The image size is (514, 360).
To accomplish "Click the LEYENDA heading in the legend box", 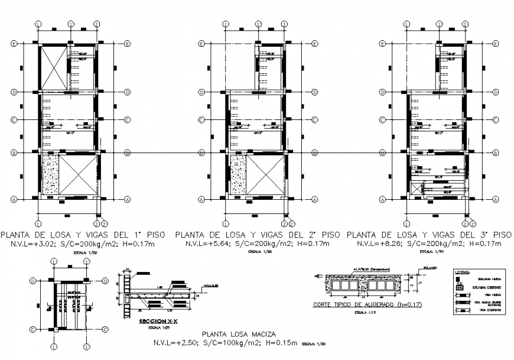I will [x=462, y=273].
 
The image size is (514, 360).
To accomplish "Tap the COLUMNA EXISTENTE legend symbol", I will [x=460, y=288].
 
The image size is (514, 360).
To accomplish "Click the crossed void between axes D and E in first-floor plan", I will [x=54, y=68].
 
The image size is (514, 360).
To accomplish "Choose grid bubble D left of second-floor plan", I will [x=202, y=92].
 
